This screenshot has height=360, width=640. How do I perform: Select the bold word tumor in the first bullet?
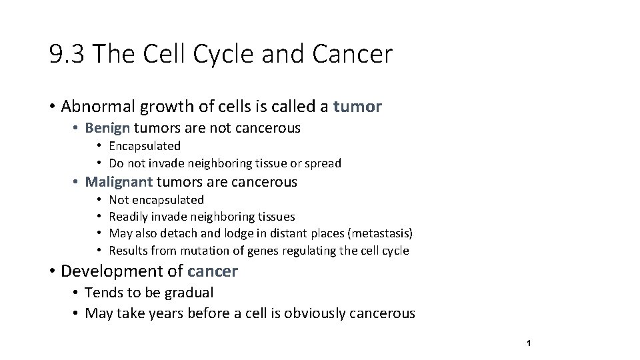(357, 107)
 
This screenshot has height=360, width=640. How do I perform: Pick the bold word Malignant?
(119, 182)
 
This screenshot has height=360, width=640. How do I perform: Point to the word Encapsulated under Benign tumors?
(145, 146)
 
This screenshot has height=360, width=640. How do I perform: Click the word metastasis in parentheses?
(380, 233)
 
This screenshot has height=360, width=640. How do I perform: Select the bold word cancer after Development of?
(213, 271)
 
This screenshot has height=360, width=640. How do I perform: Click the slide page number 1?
(528, 343)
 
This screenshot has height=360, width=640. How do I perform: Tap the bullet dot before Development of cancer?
(52, 271)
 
